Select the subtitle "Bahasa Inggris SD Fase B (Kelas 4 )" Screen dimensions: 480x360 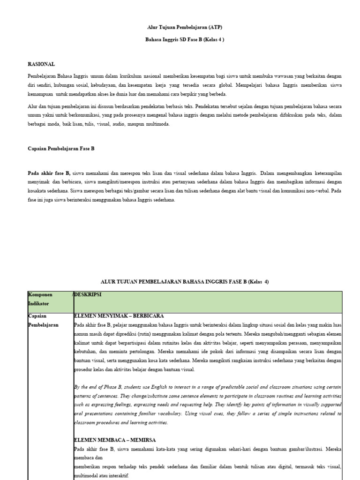point(185,40)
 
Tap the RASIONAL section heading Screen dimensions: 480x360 point(41,64)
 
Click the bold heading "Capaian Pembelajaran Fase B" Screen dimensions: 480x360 point(61,149)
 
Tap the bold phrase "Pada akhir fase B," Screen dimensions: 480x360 point(49,173)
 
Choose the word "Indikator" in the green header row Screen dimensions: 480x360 point(40,304)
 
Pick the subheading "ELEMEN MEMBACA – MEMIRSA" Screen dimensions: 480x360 point(115,440)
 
